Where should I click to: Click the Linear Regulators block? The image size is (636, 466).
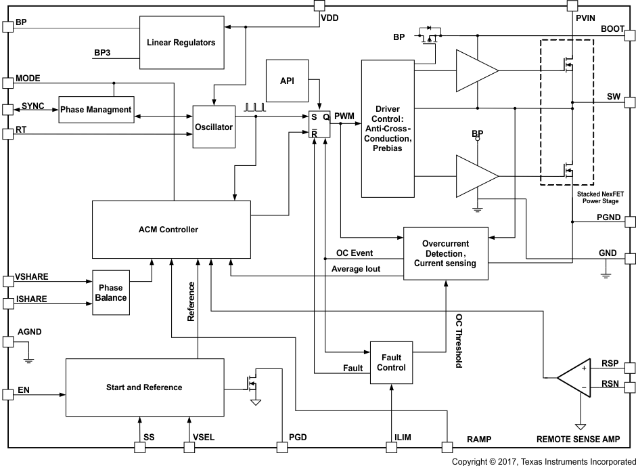[181, 42]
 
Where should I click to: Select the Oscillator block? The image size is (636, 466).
[214, 127]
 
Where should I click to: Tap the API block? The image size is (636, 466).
[286, 80]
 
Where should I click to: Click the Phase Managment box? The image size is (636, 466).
[95, 109]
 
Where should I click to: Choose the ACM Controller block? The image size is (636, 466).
[171, 229]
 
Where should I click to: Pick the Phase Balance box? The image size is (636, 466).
[111, 293]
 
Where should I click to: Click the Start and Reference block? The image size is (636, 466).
[144, 387]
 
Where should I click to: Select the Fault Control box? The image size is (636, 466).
[391, 362]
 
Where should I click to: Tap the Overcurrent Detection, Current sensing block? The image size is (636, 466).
[445, 253]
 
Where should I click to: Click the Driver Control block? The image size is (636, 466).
[387, 128]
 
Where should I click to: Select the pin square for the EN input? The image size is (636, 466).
[8, 394]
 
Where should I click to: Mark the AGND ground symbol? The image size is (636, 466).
[28, 359]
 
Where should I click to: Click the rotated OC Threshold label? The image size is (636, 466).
[458, 341]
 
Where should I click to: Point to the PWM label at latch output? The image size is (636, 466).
[344, 116]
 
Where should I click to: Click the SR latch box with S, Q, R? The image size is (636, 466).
[319, 124]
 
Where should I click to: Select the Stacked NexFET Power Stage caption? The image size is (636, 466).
[599, 197]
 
